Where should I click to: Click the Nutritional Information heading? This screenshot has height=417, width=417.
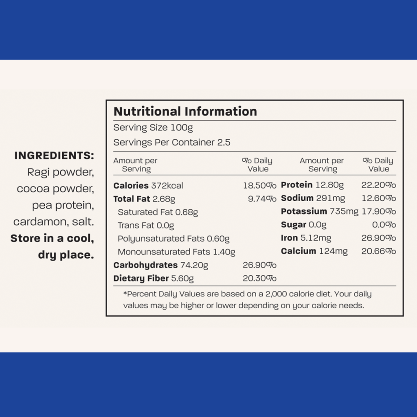[185, 112]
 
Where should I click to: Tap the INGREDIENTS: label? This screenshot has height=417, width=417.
[54, 156]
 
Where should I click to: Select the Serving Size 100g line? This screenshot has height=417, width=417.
[153, 127]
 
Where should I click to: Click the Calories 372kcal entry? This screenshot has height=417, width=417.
[148, 186]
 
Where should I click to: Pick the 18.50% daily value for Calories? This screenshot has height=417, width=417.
[260, 186]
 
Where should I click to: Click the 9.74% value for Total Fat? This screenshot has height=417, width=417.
[262, 199]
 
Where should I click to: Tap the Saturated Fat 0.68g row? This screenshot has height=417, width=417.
[158, 212]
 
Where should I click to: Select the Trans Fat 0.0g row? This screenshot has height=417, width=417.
[146, 226]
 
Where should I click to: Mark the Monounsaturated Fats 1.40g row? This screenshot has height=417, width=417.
[176, 252]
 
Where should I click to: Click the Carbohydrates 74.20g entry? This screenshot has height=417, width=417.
[160, 266]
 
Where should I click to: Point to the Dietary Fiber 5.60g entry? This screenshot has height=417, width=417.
[154, 279]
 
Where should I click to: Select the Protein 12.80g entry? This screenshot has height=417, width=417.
[312, 185]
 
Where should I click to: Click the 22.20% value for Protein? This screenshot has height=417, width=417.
[378, 185]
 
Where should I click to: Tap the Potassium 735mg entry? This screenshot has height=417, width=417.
[320, 212]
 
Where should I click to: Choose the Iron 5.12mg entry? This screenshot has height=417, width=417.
[306, 238]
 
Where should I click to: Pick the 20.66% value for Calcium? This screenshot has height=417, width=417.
[378, 251]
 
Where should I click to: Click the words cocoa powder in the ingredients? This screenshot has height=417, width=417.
[55, 189]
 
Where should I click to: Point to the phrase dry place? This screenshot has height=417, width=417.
[66, 255]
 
